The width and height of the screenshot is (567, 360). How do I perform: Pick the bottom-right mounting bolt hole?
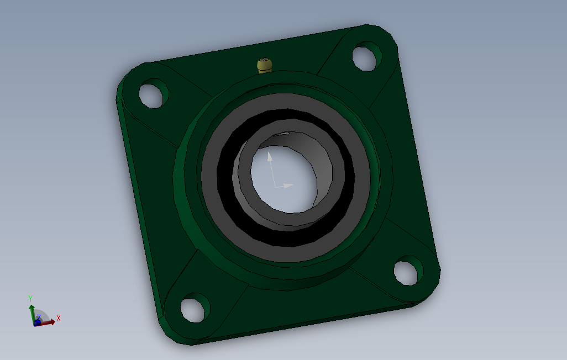408,271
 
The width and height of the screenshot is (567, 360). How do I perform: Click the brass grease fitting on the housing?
265,66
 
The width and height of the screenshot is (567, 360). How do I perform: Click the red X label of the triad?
58,318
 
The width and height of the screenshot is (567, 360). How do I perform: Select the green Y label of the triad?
30,298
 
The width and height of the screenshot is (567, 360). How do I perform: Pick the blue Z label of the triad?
39,317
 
